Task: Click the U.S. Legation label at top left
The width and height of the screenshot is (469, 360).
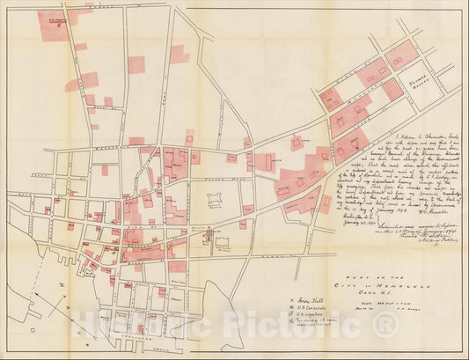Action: pyautogui.click(x=60, y=16)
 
